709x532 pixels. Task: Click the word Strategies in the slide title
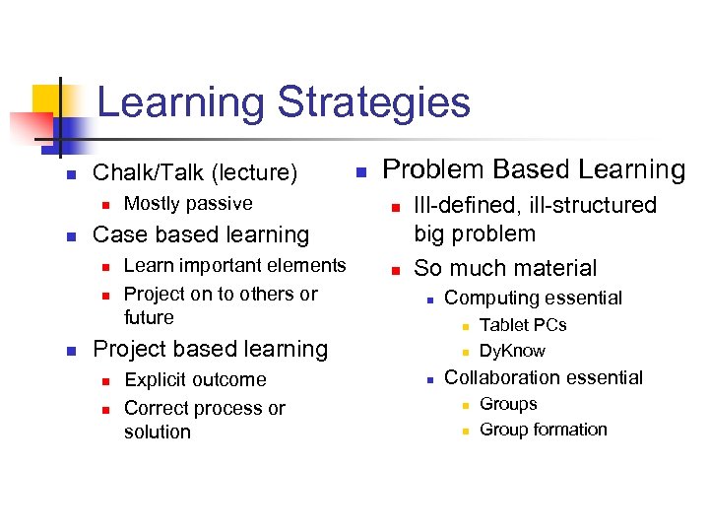(374, 103)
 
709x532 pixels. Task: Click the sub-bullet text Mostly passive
(188, 204)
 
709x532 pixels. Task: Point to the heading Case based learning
(200, 234)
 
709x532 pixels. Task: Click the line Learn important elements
(234, 265)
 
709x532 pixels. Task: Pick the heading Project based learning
(209, 349)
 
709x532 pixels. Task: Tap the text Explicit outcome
(195, 379)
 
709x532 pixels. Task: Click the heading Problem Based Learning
(533, 169)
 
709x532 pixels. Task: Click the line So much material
(505, 268)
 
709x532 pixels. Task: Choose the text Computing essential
(533, 298)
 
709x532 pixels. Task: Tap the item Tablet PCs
(523, 325)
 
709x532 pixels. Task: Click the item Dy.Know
(512, 351)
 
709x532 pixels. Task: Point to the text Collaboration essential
(544, 377)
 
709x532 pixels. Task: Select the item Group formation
(543, 430)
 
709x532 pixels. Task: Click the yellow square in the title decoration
(46, 100)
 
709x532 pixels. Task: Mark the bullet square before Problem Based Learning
(360, 172)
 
